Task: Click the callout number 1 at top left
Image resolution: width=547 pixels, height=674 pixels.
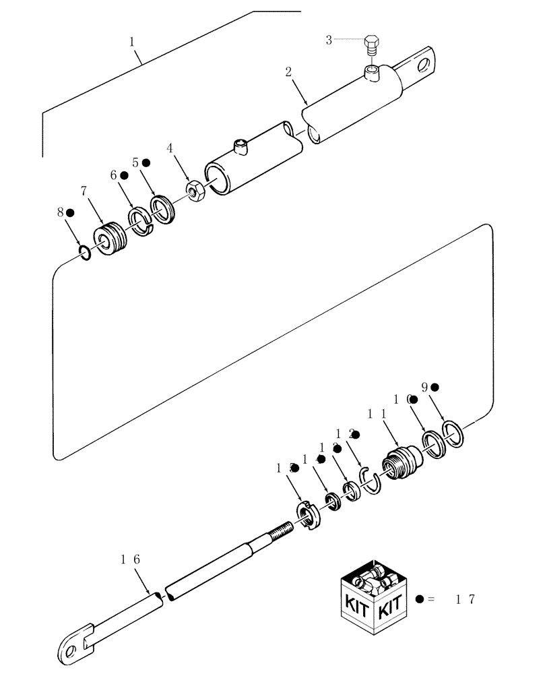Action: (133, 41)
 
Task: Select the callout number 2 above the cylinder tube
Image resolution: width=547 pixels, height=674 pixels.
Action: (288, 72)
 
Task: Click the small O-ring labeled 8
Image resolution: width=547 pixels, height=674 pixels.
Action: (84, 253)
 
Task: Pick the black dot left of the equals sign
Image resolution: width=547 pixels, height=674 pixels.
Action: (420, 599)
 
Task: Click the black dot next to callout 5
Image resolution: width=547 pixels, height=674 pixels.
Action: (146, 163)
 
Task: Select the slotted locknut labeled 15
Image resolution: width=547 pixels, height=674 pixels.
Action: (307, 516)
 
